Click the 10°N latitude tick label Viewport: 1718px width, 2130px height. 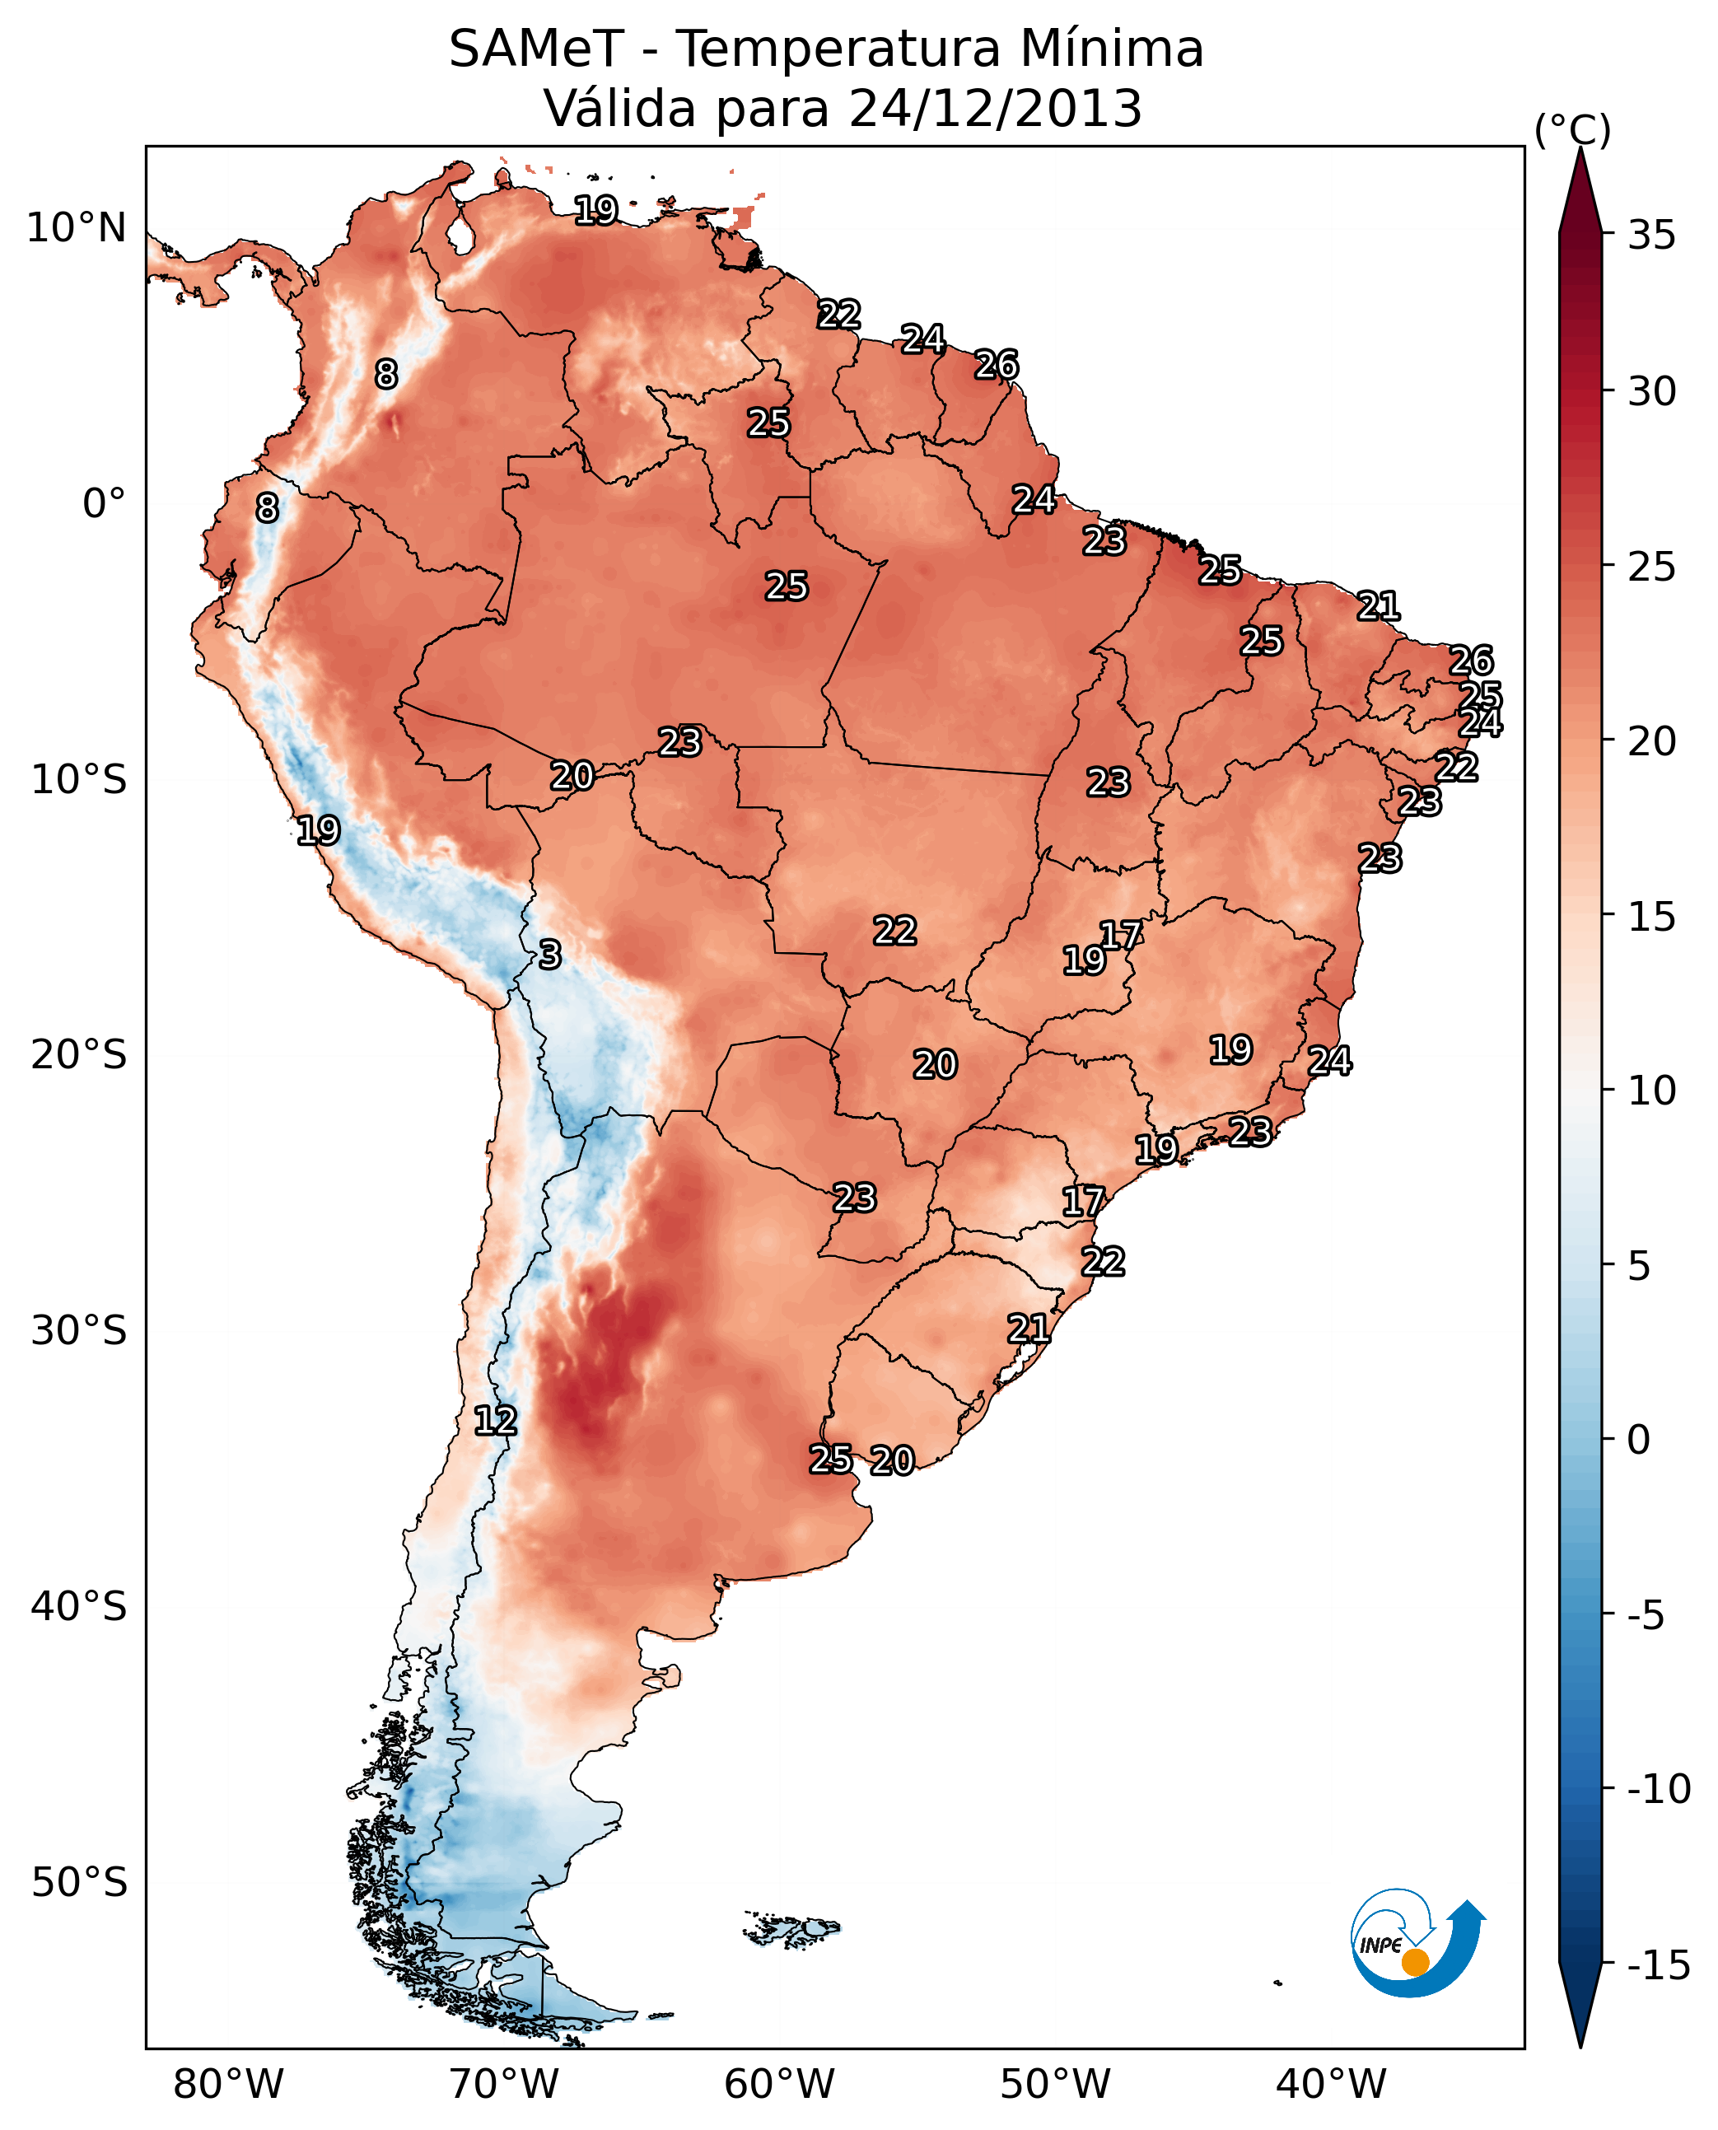pyautogui.click(x=77, y=229)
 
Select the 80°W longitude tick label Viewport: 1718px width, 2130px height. pyautogui.click(x=229, y=2085)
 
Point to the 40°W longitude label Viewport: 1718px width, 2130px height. pyautogui.click(x=1331, y=2085)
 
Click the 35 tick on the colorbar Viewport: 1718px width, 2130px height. pyautogui.click(x=1651, y=236)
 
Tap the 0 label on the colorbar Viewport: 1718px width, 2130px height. pyautogui.click(x=1639, y=1440)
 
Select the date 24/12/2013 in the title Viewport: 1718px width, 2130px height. pyautogui.click(x=995, y=109)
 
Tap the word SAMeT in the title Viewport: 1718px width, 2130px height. pyautogui.click(x=536, y=49)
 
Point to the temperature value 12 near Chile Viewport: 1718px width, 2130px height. pyautogui.click(x=495, y=1422)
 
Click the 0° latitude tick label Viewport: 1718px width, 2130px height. pyautogui.click(x=104, y=504)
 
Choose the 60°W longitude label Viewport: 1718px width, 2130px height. pyautogui.click(x=780, y=2085)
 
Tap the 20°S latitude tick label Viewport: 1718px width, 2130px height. pyautogui.click(x=79, y=1055)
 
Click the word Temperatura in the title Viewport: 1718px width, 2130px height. pyautogui.click(x=840, y=49)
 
